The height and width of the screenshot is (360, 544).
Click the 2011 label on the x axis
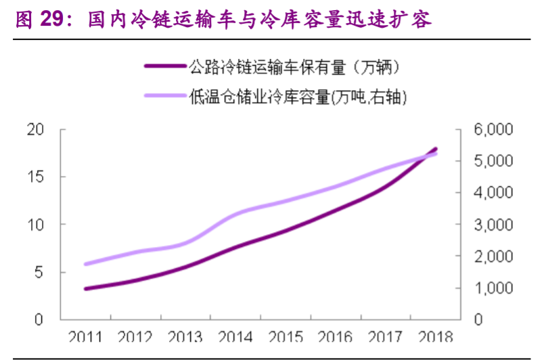point(86,336)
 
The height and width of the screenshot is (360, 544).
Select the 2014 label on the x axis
point(236,336)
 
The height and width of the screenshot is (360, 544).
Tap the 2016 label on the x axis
point(336,336)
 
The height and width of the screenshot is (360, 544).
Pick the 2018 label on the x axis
point(436,336)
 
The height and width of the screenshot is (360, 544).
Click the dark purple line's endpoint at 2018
point(436,149)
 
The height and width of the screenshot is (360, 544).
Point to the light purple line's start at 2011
point(86,264)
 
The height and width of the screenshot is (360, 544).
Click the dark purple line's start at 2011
point(86,289)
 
